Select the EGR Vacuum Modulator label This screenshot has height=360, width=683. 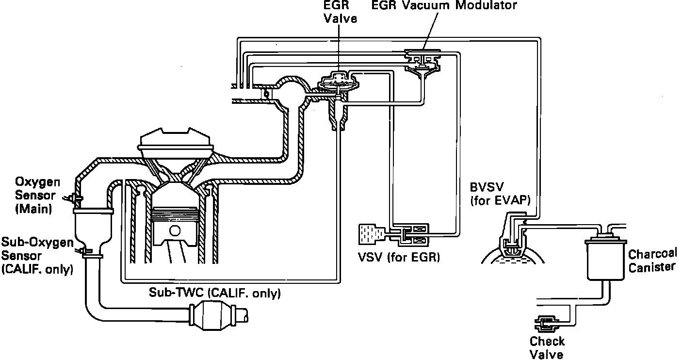(x=444, y=5)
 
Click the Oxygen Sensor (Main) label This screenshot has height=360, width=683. (x=37, y=196)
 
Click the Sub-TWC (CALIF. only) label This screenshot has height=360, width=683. (x=215, y=293)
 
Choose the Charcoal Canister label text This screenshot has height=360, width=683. (x=652, y=261)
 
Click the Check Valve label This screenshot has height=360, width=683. (x=547, y=347)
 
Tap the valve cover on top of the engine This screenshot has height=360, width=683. (x=177, y=140)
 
